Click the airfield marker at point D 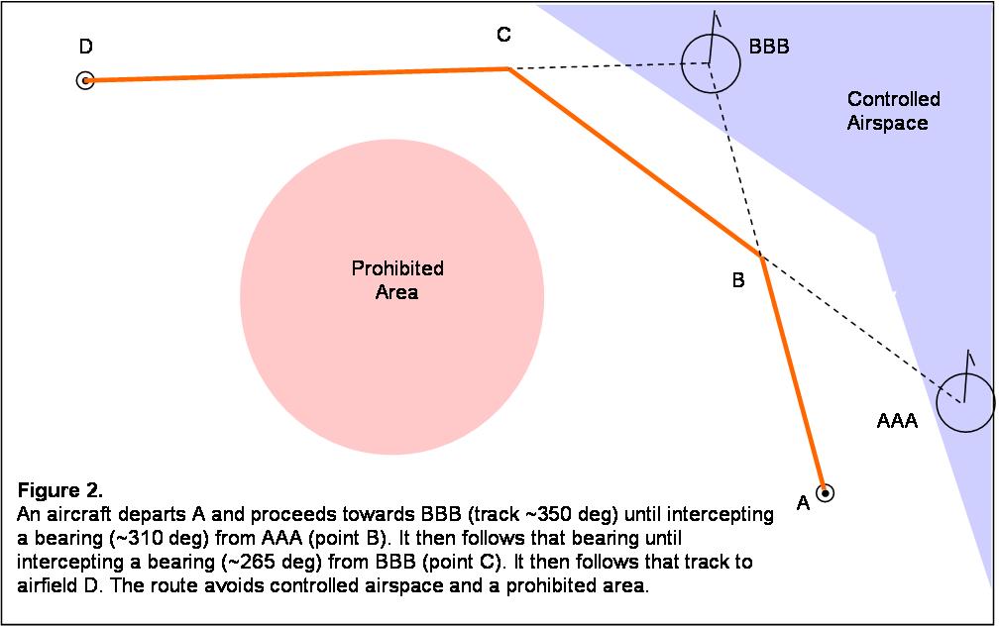(85, 80)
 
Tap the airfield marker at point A (825, 491)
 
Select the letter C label (503, 36)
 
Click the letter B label (737, 280)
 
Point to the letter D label (86, 47)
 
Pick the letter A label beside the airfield (804, 504)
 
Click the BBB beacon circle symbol (711, 63)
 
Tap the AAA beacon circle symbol (964, 402)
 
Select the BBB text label (769, 47)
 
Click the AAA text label (897, 421)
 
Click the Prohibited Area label (397, 280)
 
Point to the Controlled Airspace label (893, 111)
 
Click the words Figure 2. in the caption (60, 491)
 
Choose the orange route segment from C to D (297, 74)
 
